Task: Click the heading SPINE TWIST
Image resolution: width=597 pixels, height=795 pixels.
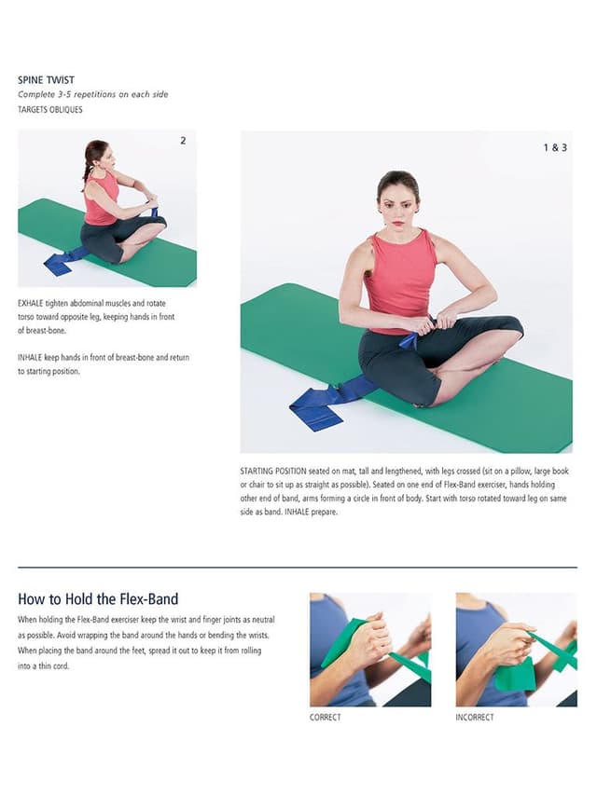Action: (x=47, y=80)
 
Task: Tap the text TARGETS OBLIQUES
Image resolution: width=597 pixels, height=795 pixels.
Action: (x=49, y=110)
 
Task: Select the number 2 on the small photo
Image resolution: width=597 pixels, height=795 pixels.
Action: (x=183, y=141)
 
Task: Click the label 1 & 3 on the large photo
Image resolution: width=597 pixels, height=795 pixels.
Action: (x=555, y=147)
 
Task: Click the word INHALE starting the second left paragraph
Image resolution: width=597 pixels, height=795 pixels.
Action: (x=30, y=358)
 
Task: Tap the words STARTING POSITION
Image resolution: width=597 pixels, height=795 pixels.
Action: (x=273, y=471)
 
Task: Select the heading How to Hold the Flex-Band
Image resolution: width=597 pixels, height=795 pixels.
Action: (x=98, y=598)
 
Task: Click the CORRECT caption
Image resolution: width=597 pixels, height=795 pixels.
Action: (x=325, y=718)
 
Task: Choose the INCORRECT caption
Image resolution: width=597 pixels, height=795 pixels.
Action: (x=475, y=718)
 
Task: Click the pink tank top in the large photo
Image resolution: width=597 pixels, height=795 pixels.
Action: (x=400, y=281)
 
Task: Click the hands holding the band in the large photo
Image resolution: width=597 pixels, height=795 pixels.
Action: (x=433, y=323)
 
